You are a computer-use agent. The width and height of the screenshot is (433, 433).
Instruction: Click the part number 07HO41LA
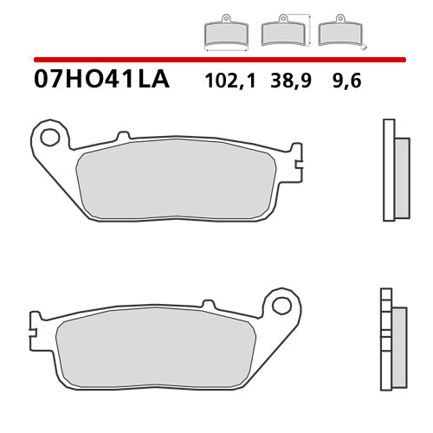click(x=101, y=81)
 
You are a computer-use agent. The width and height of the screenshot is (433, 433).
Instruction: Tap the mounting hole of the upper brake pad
click(x=50, y=136)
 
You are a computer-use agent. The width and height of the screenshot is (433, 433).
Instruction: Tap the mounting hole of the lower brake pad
click(x=281, y=306)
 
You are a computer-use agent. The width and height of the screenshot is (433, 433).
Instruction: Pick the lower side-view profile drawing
click(x=392, y=338)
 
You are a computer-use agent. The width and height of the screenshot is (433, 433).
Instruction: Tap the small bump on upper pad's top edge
click(x=122, y=136)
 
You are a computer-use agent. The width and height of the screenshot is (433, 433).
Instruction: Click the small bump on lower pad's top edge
click(x=207, y=305)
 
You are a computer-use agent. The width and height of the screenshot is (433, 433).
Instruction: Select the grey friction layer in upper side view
click(x=402, y=178)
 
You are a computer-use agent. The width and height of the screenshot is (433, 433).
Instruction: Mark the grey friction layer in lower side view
click(x=398, y=346)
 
